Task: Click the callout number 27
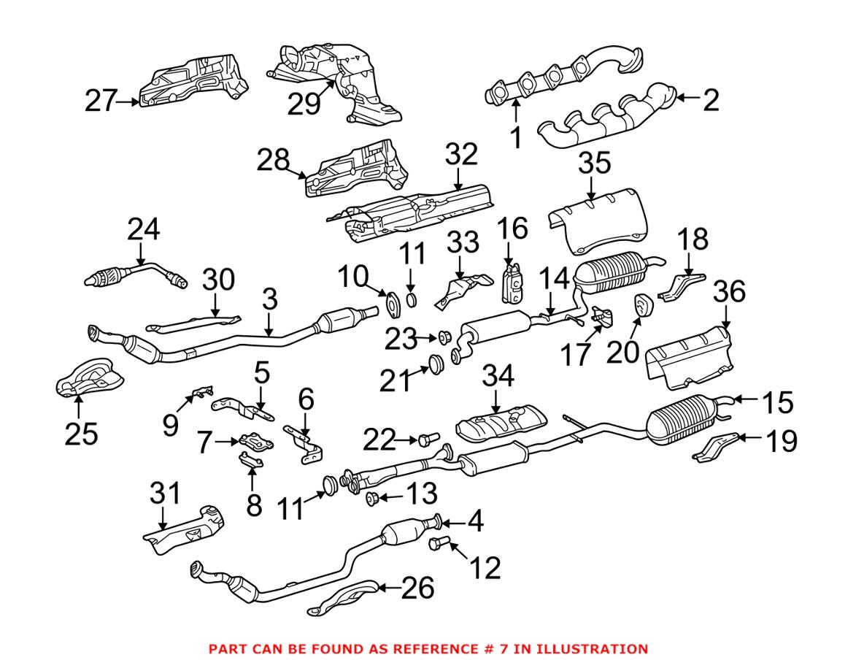coord(101,101)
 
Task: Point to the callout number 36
coord(727,293)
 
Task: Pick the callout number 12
coord(485,567)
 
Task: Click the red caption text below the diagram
coord(428,648)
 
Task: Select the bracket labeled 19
coord(715,447)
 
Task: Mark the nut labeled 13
coord(370,499)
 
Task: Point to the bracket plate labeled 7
coord(252,443)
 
